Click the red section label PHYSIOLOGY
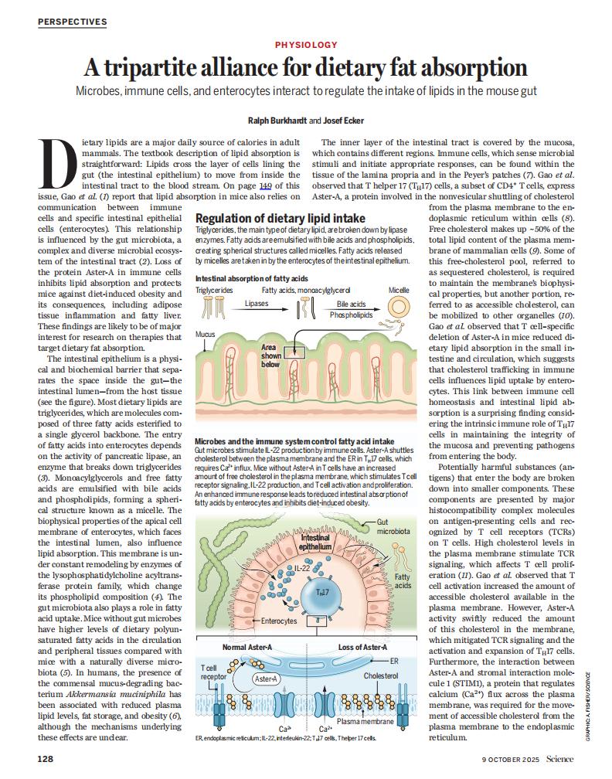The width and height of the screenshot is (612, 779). coord(305,46)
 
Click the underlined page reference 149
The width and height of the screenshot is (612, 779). coord(264,186)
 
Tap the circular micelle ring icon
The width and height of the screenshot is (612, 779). coord(399,307)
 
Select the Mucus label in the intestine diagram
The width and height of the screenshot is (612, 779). coord(205,333)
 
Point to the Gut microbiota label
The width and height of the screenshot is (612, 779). coord(388,528)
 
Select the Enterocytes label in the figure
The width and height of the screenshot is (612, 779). coord(279,621)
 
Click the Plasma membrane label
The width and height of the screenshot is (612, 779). coord(365,721)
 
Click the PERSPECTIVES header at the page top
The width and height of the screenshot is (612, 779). coord(72,22)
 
